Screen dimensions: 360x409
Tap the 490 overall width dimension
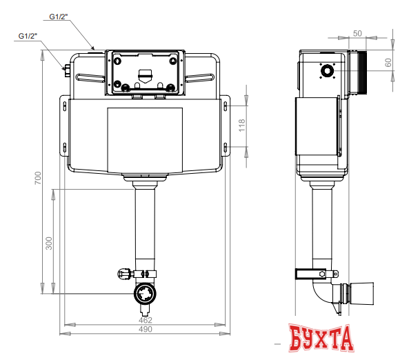click(145, 330)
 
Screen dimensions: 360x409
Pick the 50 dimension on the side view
click(358, 32)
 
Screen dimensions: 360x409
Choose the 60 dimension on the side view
click(388, 62)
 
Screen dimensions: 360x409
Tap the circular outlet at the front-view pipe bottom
click(146, 295)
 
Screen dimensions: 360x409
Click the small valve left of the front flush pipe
click(125, 274)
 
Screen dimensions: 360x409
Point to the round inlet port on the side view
click(326, 70)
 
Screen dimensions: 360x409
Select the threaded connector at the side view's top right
click(359, 72)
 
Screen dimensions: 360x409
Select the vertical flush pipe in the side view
click(321, 228)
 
